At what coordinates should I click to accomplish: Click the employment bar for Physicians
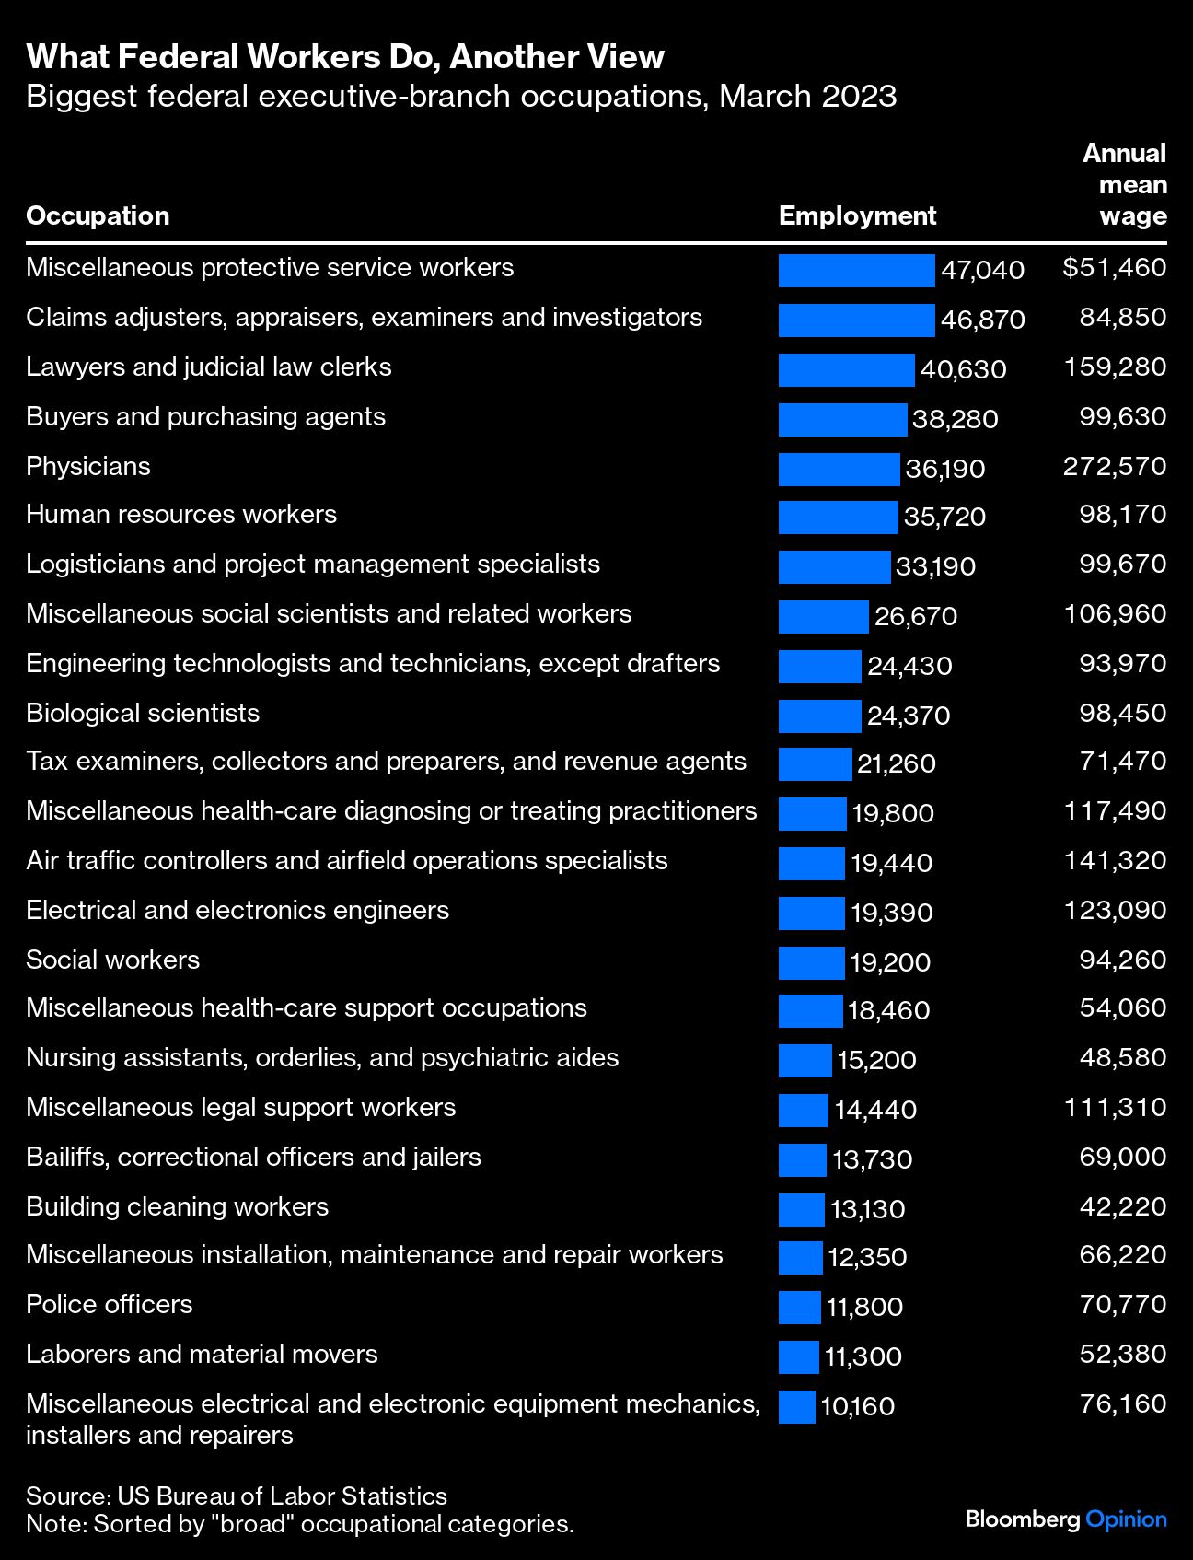839,469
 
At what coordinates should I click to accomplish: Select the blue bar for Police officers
799,1307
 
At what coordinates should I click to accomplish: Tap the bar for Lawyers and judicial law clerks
846,369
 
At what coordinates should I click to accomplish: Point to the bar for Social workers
811,962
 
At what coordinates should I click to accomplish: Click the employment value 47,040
982,270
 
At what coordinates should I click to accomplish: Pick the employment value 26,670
915,616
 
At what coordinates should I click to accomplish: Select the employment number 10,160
857,1406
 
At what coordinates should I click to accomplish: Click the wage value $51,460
1114,268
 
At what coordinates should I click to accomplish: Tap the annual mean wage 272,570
1115,466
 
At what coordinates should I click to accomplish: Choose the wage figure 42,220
1122,1206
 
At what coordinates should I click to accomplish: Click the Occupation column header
98,215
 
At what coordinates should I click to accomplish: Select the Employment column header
857,215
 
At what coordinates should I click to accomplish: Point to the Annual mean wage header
1125,185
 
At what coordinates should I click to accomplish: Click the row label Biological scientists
143,713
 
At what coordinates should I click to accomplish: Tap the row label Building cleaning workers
177,1206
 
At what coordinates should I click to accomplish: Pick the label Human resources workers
181,514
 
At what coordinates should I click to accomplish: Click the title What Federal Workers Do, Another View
345,57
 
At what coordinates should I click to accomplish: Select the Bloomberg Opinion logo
1066,1519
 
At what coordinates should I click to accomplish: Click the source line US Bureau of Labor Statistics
237,1496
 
